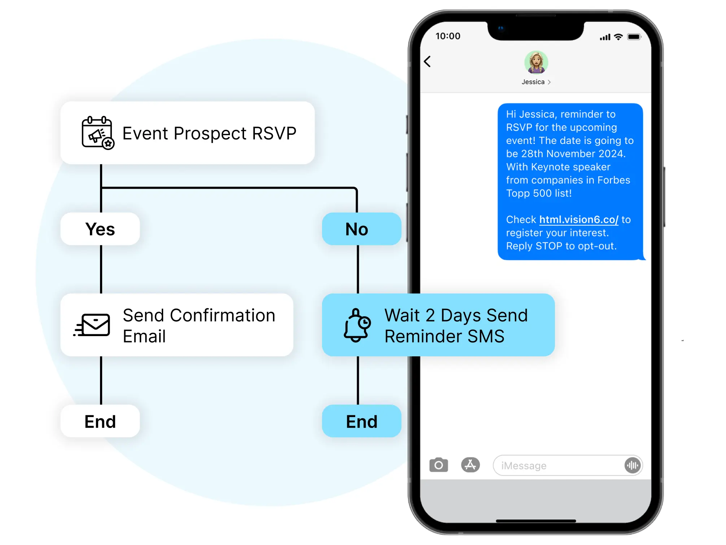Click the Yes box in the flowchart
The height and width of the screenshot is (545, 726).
(x=100, y=229)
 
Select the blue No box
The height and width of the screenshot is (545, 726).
(x=361, y=229)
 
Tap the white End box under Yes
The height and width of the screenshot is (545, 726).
(x=100, y=421)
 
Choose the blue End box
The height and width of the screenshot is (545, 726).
(x=361, y=421)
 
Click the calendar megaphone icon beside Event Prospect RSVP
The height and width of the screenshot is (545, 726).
(x=98, y=133)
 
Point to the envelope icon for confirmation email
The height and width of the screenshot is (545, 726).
(x=92, y=325)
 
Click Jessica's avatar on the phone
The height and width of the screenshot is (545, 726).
(x=536, y=62)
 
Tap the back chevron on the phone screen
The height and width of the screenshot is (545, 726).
(x=427, y=61)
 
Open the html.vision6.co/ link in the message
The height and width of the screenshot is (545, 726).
(x=579, y=219)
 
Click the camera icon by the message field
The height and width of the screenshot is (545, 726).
(x=439, y=465)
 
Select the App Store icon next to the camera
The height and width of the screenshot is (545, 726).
(x=470, y=465)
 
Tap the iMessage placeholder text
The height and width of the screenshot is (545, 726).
(x=523, y=466)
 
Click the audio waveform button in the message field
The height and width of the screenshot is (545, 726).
(x=632, y=465)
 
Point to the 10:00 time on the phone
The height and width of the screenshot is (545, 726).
(x=448, y=36)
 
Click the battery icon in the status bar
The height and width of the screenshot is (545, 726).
(x=634, y=37)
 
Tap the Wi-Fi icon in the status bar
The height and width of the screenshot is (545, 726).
(x=618, y=37)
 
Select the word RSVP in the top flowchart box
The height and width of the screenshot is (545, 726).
(x=274, y=133)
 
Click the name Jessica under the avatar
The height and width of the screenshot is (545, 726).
(x=533, y=82)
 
